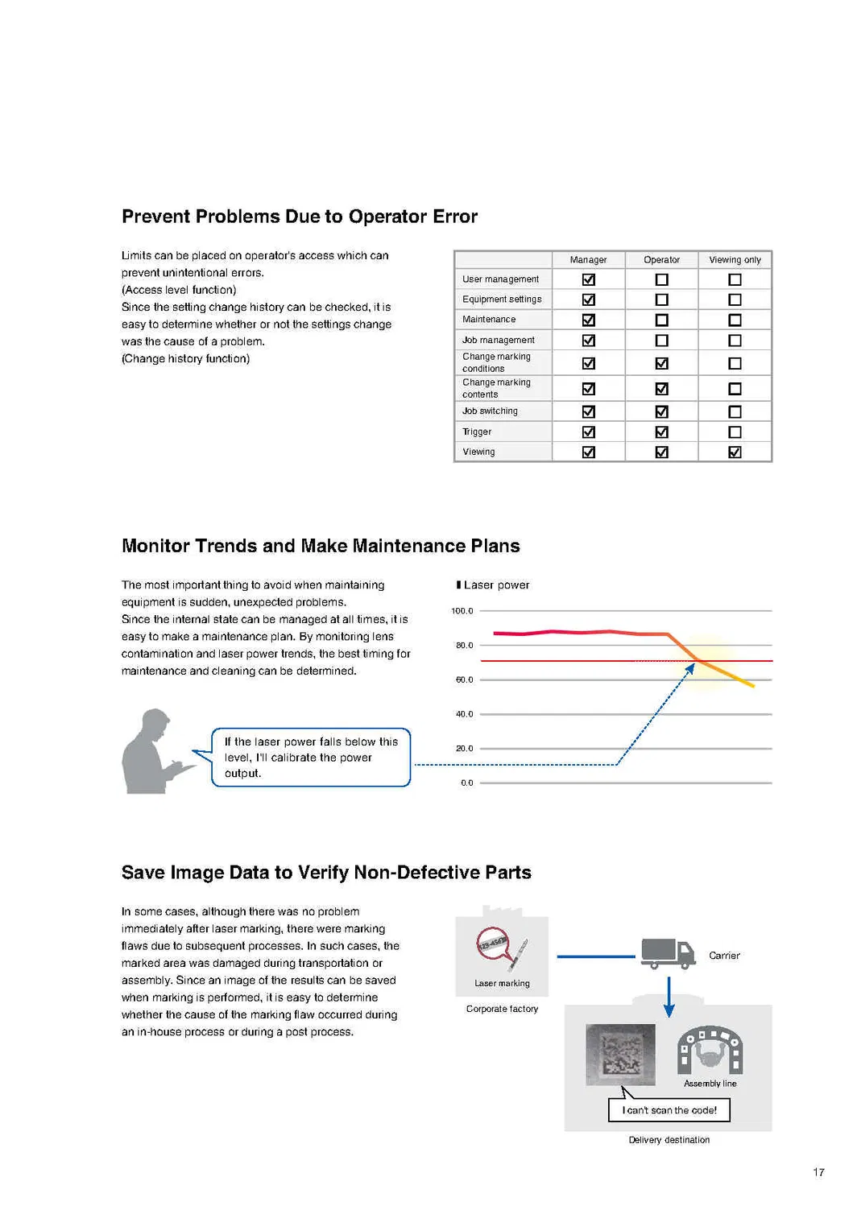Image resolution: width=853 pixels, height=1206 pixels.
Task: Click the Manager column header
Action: pos(588,260)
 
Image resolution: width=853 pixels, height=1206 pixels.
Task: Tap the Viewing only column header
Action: pos(735,260)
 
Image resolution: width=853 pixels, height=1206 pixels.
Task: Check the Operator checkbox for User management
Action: pos(662,279)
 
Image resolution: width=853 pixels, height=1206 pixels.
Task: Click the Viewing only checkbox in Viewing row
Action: pos(735,452)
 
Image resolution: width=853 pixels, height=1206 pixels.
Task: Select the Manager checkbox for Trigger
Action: pos(589,432)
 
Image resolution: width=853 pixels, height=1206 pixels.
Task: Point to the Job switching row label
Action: pos(490,411)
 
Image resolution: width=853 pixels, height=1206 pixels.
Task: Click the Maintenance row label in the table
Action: pos(489,320)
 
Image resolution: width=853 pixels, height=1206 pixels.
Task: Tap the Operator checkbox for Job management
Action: pos(662,341)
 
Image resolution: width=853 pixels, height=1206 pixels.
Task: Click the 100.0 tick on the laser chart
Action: pos(462,611)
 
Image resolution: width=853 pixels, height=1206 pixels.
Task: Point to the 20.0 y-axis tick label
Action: pos(464,749)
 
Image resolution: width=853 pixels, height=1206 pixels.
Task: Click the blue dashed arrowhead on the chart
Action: pos(690,668)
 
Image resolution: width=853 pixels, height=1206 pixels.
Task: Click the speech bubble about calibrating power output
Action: pos(311,758)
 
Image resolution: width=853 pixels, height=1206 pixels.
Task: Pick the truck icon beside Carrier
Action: pos(668,953)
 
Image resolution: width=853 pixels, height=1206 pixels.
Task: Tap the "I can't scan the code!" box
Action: pos(669,1110)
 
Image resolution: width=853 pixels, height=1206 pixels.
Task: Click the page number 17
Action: pos(818,1172)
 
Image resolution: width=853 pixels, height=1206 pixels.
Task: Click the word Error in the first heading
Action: pos(453,217)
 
